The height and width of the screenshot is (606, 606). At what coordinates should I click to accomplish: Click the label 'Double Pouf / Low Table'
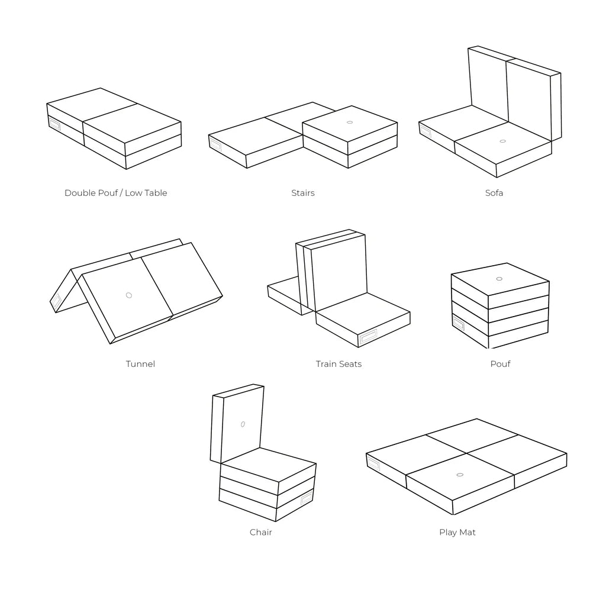point(115,193)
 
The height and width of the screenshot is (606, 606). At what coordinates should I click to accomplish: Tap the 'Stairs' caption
point(303,193)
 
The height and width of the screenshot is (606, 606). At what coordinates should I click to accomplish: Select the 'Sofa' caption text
point(494,193)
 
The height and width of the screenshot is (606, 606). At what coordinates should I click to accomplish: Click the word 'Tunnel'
point(140,364)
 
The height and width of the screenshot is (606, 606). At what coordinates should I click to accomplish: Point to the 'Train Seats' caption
point(339,364)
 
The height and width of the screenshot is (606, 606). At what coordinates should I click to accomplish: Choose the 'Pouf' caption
point(500,364)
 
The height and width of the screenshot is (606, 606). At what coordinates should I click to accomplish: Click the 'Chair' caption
point(261,532)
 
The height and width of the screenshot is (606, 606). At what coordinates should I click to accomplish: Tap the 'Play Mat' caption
point(457,532)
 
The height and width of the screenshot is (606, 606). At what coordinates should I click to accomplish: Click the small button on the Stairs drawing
point(350,122)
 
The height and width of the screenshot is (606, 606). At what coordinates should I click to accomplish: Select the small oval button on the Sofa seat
point(503,141)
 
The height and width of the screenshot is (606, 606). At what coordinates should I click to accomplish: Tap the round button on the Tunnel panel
point(129,295)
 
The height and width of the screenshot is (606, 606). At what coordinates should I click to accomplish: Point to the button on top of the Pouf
point(499,279)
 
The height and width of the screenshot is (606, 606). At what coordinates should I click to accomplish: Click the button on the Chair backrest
point(243,424)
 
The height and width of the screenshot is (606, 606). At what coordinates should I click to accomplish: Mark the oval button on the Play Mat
point(460,475)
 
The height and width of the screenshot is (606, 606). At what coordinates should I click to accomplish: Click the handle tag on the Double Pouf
point(54,124)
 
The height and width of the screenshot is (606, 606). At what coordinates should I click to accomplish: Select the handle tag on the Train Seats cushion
point(368,337)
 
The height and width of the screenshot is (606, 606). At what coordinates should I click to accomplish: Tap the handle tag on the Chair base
point(307,498)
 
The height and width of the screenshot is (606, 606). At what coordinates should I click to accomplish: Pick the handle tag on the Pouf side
point(459,323)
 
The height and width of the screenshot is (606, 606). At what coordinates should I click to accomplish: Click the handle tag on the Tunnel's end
point(56,300)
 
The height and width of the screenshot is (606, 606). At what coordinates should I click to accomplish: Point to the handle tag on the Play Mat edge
point(374,463)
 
